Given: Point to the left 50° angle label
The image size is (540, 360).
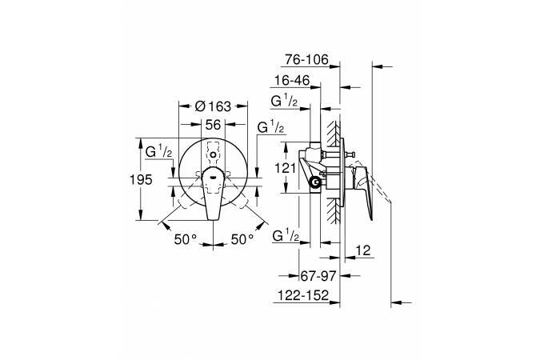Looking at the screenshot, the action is [x=186, y=238].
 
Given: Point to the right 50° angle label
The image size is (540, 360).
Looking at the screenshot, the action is [x=241, y=238].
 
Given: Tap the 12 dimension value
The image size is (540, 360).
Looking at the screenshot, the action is [x=362, y=250].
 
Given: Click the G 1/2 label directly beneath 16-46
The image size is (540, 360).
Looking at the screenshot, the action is [x=285, y=102].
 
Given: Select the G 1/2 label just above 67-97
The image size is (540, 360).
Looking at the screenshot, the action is [x=286, y=236].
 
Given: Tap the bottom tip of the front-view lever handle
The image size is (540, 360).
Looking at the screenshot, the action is [x=213, y=217].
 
